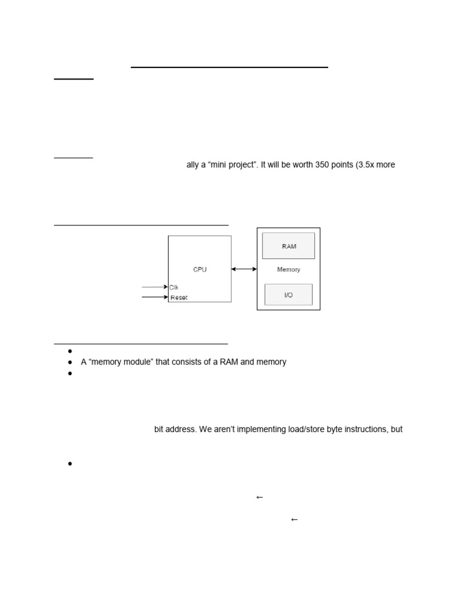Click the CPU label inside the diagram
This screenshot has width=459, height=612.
(x=200, y=270)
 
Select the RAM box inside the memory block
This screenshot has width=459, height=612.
(x=289, y=246)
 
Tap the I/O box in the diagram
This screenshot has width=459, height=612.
(x=289, y=295)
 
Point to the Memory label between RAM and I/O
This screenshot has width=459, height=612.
(x=289, y=270)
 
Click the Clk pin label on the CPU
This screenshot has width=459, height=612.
(x=174, y=287)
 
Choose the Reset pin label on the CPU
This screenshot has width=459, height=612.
(x=179, y=298)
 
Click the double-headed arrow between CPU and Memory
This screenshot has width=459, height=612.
(x=244, y=270)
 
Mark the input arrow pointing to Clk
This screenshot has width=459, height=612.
(x=154, y=287)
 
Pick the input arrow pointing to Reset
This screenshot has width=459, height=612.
(x=154, y=297)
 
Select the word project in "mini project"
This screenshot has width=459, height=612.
(x=241, y=165)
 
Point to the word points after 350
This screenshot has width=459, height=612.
(x=332, y=165)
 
